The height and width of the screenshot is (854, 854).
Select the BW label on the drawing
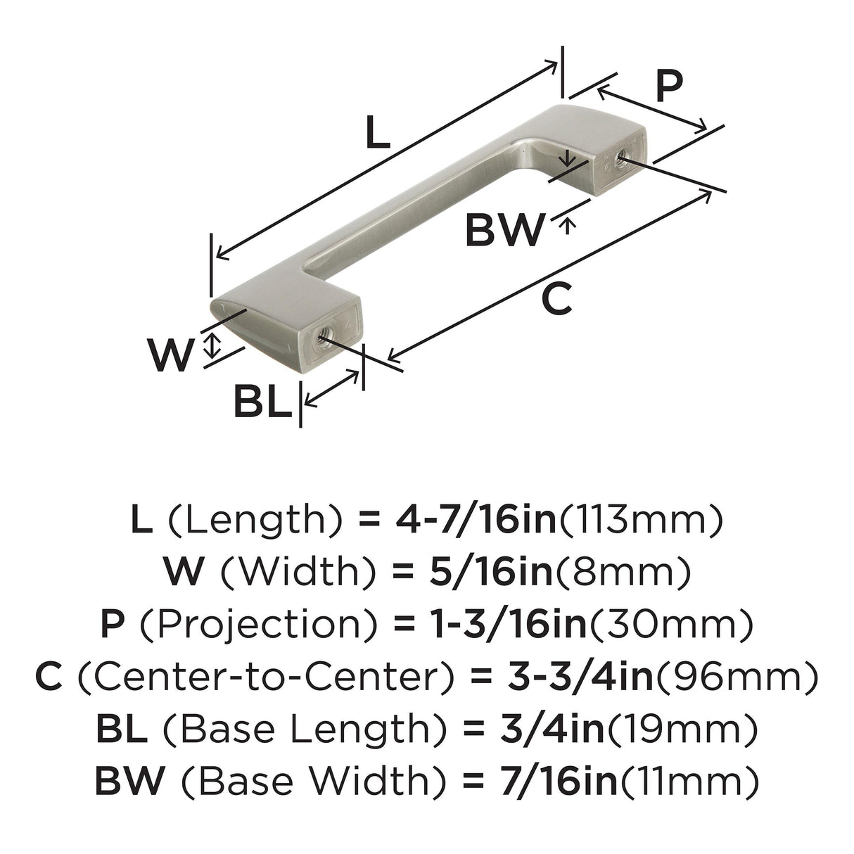point(504,229)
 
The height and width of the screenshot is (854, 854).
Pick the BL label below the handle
point(263,402)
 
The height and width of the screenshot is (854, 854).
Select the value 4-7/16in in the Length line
point(476,521)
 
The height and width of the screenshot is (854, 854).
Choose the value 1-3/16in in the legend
point(509,624)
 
